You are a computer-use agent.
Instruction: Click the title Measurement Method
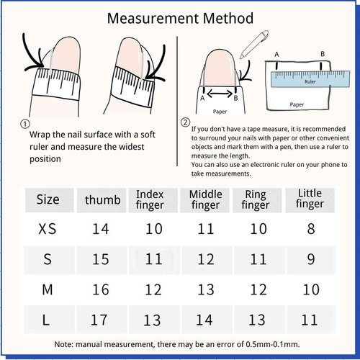coord(180,18)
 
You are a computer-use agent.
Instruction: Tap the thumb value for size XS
coord(101,229)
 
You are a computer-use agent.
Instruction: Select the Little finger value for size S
coord(311,259)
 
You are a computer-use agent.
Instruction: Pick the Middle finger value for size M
coord(206,289)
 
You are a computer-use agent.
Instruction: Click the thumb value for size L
coord(99,320)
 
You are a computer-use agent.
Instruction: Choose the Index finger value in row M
coord(153,289)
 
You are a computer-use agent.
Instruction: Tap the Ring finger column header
coord(256,200)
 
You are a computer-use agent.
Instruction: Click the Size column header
coord(48,199)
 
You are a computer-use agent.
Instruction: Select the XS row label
coord(48,229)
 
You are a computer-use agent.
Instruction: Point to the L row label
coord(46,320)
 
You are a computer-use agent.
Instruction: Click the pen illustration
coord(254,44)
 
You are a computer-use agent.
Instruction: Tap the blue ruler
coord(310,79)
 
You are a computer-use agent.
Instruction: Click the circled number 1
coord(25,124)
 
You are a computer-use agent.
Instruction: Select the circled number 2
coord(185,122)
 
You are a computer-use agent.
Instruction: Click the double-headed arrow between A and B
coord(220,94)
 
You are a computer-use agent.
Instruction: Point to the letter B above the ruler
coord(323,54)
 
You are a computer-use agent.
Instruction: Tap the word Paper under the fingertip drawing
coord(220,112)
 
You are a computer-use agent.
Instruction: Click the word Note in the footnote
coord(63,344)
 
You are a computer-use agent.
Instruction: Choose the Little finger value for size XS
coord(311,229)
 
